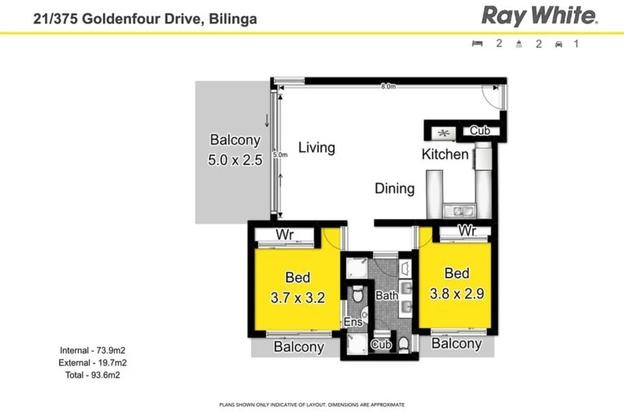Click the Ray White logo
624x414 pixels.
click(x=539, y=16)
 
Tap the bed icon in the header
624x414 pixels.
click(x=477, y=44)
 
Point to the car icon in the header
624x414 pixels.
click(x=558, y=44)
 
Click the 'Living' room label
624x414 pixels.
click(x=317, y=147)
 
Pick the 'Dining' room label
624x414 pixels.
click(x=395, y=188)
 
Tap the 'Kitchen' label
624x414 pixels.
click(x=445, y=154)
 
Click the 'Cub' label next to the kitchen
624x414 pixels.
click(x=480, y=131)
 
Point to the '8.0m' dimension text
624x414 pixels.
click(x=388, y=87)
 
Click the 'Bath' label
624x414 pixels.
click(x=387, y=296)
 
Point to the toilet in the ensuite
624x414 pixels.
click(x=356, y=295)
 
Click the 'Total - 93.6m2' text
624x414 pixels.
click(x=93, y=375)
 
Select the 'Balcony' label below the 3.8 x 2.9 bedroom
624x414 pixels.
click(x=456, y=344)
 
